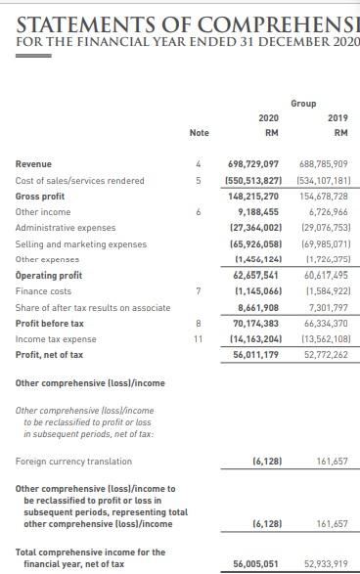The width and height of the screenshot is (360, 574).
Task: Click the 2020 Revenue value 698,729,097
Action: pyautogui.click(x=253, y=164)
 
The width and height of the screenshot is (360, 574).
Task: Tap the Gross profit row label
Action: pyautogui.click(x=41, y=197)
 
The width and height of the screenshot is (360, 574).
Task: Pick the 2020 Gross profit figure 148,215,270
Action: pyautogui.click(x=253, y=197)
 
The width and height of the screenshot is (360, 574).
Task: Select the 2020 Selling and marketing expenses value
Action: pyautogui.click(x=253, y=244)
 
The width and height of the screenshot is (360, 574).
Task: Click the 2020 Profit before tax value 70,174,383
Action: pyautogui.click(x=253, y=323)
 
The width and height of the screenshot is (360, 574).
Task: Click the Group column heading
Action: pyautogui.click(x=303, y=102)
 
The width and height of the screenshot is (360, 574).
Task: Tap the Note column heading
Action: pyautogui.click(x=200, y=134)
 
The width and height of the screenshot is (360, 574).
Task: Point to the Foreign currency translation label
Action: pyautogui.click(x=73, y=461)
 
